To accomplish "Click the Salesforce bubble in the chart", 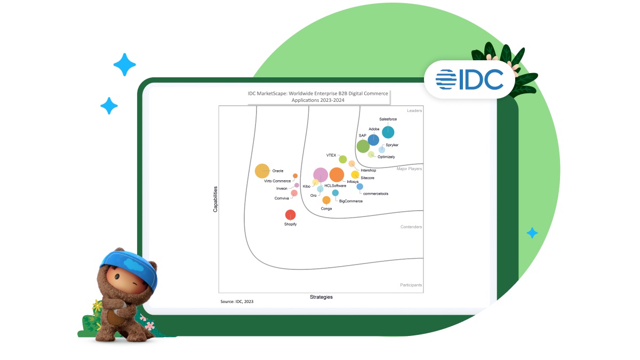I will tap(388, 132).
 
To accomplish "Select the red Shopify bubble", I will tap(290, 215).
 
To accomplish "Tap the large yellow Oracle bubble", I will tap(262, 171).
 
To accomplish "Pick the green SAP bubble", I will tap(363, 146).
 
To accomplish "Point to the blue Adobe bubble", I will tap(373, 140).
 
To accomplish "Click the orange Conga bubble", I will tap(326, 200).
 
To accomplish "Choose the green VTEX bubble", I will tap(343, 159).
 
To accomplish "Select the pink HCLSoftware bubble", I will tap(320, 174).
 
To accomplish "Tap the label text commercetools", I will tap(375, 194).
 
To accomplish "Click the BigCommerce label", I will tap(350, 201).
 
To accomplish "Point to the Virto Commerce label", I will tap(278, 181).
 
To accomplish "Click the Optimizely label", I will tap(386, 157).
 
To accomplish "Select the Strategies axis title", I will tap(321, 297).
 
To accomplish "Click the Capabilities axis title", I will tap(215, 199).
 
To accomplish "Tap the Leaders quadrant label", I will tap(414, 111).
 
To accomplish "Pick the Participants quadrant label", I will tap(411, 285).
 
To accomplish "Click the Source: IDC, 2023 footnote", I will tap(237, 302).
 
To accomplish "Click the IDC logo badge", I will tap(469, 79).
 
